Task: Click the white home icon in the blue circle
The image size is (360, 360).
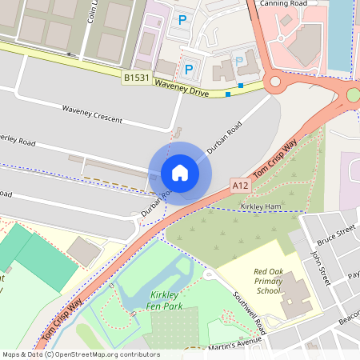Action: [x=180, y=172]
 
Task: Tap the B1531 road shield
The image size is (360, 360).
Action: [x=136, y=78]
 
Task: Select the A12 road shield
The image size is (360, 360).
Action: [x=241, y=185]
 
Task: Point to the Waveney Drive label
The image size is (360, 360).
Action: [x=182, y=88]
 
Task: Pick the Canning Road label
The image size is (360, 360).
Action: [x=285, y=3]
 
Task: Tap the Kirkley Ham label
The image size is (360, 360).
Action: [x=260, y=206]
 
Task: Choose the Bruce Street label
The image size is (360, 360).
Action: [x=335, y=235]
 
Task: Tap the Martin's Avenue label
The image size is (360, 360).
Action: [x=237, y=344]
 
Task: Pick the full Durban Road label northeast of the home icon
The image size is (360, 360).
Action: [x=224, y=137]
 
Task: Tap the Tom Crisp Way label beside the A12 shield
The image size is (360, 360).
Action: [x=276, y=155]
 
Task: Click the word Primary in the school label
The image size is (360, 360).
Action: [x=270, y=282]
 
